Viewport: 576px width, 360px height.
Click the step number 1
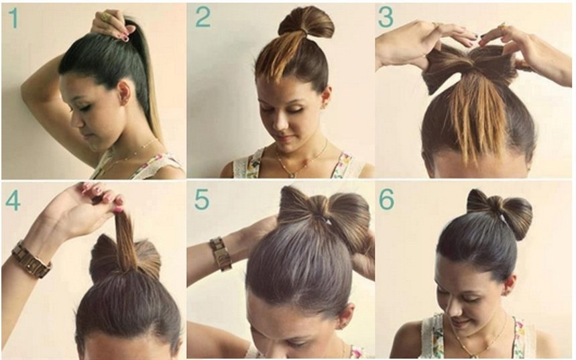click(x=13, y=18)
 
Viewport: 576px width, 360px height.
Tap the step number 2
click(x=203, y=17)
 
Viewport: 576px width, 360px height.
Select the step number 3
click(x=386, y=17)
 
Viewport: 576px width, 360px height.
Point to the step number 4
click(x=13, y=200)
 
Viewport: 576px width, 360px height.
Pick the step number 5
click(x=202, y=200)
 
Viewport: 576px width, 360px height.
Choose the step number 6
click(x=387, y=200)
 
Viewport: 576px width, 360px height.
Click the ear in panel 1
click(x=124, y=93)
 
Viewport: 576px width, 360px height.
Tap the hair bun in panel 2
click(x=306, y=22)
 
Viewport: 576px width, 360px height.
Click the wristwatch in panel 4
click(x=31, y=259)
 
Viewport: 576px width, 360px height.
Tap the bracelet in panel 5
click(x=221, y=253)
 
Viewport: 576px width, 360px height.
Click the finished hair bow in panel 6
click(x=500, y=212)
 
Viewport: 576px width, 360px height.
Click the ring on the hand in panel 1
click(x=105, y=17)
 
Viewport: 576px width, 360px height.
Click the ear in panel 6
click(x=510, y=285)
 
